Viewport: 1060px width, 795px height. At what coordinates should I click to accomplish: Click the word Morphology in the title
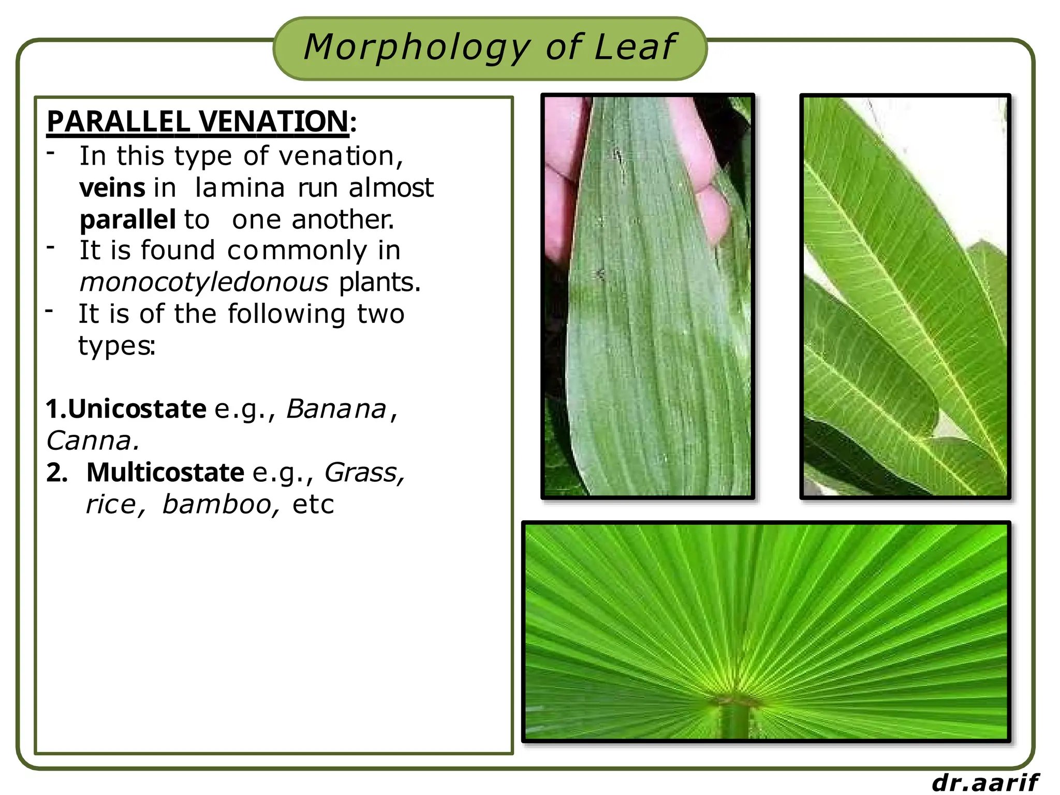(417, 48)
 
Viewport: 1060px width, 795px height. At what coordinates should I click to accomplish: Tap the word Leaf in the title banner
(635, 48)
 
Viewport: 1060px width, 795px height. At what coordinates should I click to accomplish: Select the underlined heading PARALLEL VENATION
(198, 122)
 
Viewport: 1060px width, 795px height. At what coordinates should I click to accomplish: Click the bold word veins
(112, 188)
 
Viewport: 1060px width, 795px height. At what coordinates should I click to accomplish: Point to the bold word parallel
(127, 220)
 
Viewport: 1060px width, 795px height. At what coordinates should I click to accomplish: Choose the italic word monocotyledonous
(204, 283)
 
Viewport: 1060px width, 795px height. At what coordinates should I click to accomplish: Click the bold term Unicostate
(137, 409)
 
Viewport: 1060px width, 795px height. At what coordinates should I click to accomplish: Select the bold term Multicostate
(165, 473)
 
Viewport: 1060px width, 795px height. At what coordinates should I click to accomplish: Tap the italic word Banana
(336, 409)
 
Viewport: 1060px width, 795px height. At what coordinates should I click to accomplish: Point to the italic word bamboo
(217, 505)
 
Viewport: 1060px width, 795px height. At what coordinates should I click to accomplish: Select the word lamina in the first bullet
(240, 188)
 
